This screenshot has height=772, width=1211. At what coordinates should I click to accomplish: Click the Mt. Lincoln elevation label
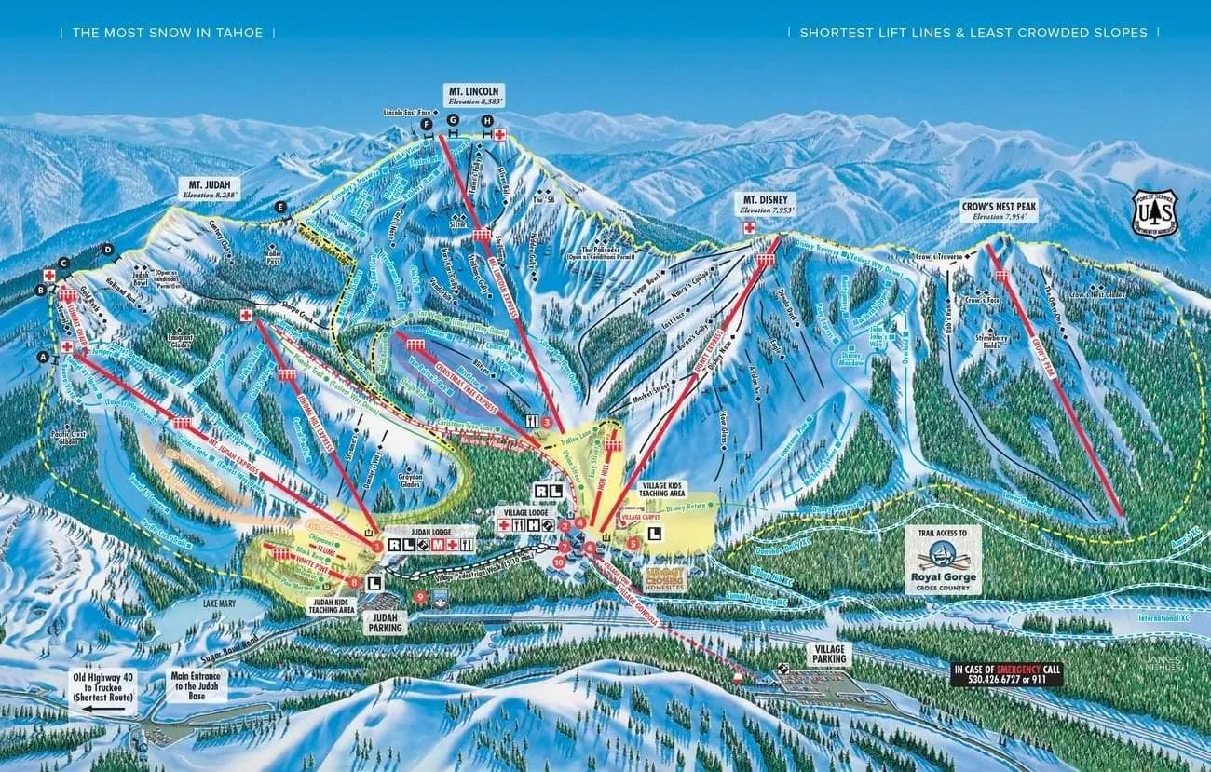tap(475, 101)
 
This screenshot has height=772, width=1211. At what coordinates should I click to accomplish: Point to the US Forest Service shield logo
tap(1154, 213)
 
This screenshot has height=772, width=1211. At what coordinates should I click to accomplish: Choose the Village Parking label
tap(827, 653)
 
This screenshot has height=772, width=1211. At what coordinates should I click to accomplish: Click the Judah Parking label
tap(385, 622)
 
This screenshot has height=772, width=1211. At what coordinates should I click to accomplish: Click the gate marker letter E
tap(279, 206)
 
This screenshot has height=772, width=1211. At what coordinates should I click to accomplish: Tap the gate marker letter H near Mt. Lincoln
tap(486, 121)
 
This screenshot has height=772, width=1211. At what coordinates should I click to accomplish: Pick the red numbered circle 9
tap(420, 596)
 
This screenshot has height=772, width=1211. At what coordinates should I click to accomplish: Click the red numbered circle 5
tap(633, 543)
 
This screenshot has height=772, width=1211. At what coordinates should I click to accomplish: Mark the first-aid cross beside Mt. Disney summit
tap(748, 226)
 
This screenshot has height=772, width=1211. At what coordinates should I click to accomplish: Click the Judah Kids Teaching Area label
tap(333, 606)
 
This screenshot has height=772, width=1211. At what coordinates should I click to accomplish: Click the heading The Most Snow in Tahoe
tap(168, 33)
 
